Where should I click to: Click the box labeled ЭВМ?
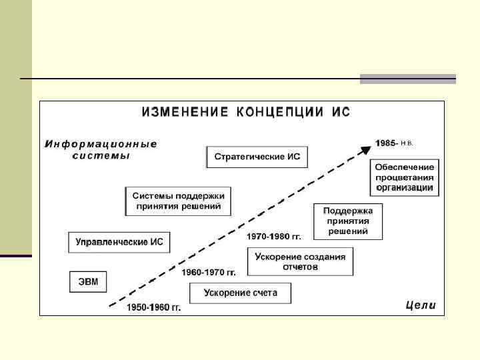tap(88, 281)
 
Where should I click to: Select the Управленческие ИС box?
tap(119, 242)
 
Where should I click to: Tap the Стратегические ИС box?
tap(257, 157)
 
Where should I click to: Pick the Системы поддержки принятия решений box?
tap(178, 201)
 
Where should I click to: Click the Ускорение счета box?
tap(240, 293)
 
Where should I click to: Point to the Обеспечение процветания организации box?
tap(405, 178)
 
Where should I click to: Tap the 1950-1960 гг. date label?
tap(154, 308)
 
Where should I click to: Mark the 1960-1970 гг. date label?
tap(209, 273)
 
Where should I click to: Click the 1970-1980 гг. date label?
tap(274, 237)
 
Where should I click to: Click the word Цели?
tap(420, 306)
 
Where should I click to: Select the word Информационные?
tap(101, 143)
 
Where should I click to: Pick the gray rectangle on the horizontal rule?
tap(407, 79)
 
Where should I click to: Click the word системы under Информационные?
tap(101, 156)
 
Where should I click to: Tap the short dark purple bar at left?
tap(15, 256)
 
